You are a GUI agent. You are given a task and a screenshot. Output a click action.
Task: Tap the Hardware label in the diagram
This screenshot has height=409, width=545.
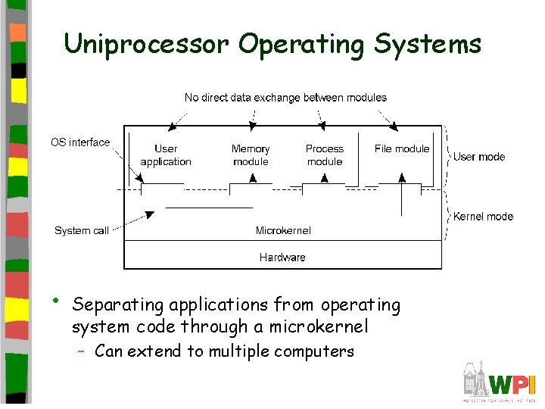282,258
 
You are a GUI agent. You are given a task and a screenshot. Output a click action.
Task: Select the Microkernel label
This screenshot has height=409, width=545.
283,230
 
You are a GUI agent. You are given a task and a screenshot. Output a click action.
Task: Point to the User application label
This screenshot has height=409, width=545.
166,155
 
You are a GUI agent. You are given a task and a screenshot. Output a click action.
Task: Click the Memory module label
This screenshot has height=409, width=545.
251,155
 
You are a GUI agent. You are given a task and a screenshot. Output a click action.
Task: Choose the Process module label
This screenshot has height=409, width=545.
325,155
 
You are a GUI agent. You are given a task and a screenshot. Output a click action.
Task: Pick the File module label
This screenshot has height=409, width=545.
402,149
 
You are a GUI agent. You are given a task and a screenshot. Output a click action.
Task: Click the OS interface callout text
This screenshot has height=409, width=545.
80,142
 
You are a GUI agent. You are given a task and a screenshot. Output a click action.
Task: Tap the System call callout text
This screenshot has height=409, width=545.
82,231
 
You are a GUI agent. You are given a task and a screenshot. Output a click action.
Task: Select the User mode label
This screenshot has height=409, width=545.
479,157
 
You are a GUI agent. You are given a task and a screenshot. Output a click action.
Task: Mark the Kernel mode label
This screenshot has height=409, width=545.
483,217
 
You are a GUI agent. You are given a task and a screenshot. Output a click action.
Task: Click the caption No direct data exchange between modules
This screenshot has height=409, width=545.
285,98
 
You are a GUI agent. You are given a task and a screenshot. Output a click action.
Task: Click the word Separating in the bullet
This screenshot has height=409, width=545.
118,305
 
